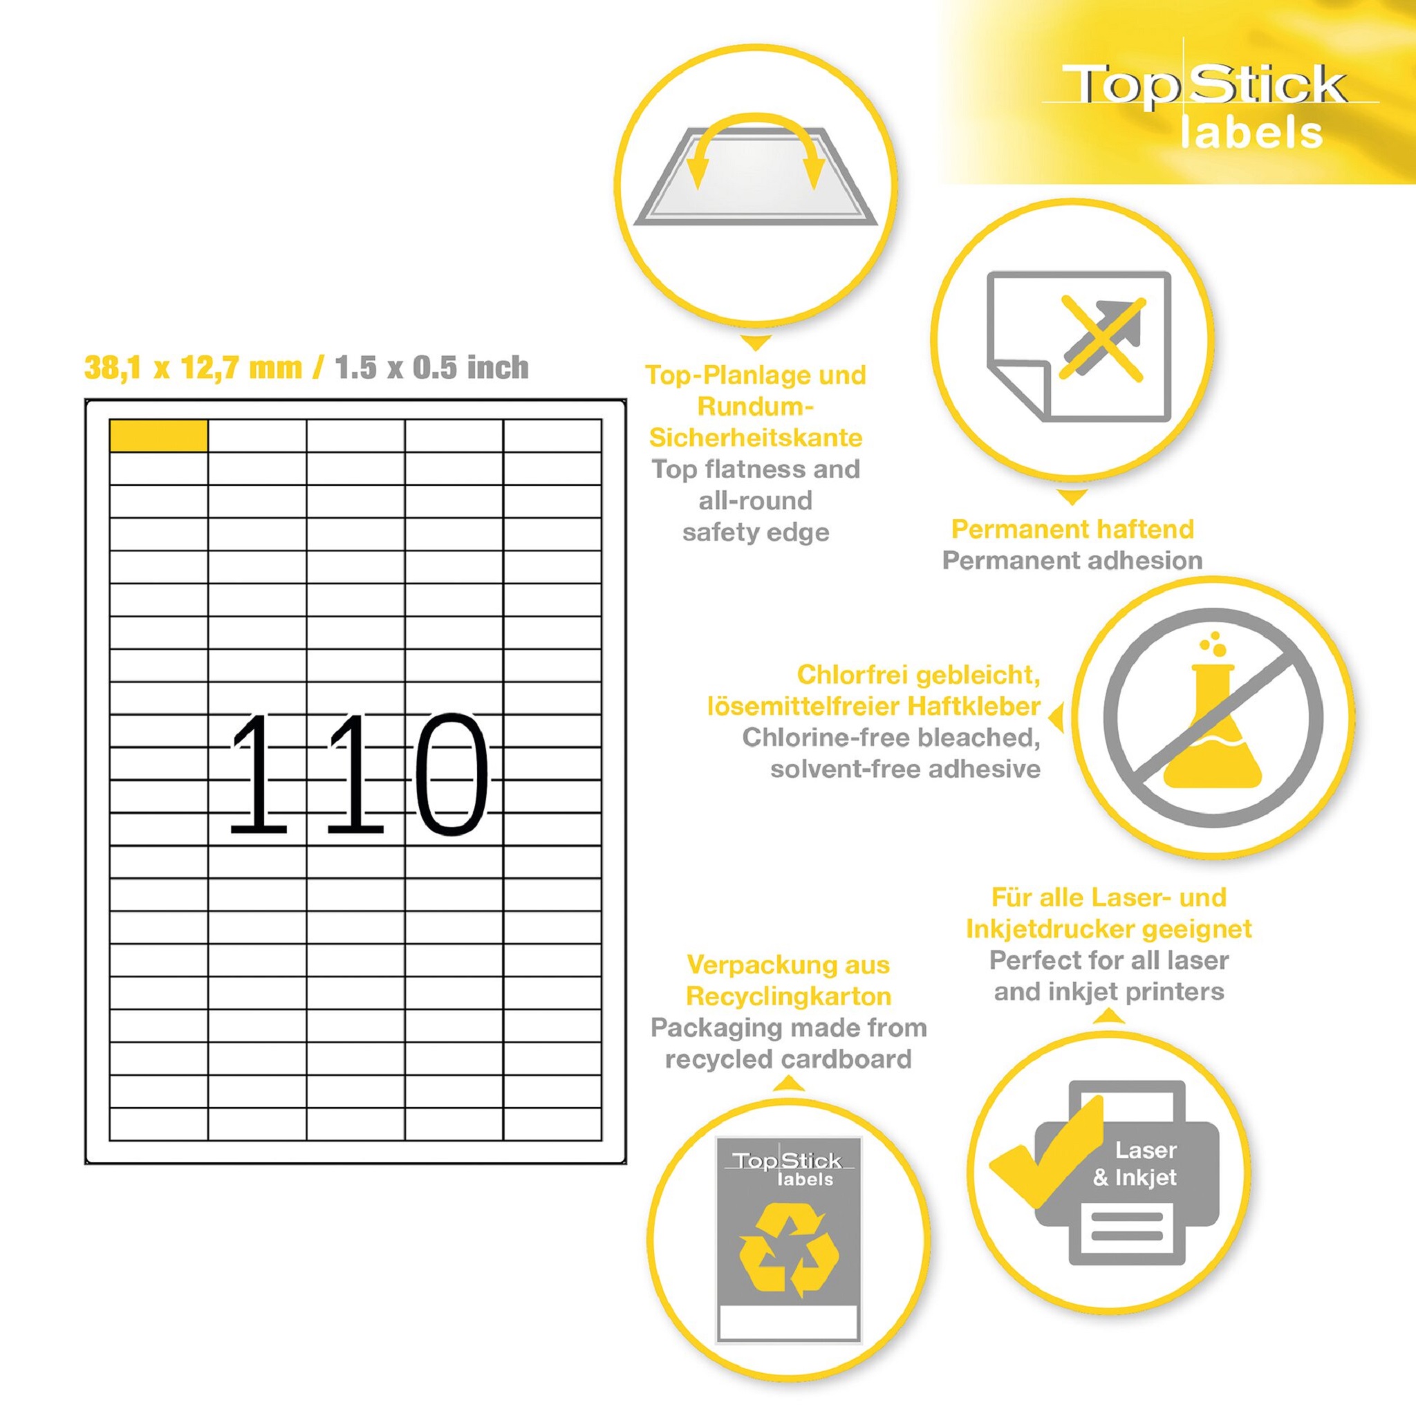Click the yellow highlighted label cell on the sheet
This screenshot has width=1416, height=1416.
[x=158, y=436]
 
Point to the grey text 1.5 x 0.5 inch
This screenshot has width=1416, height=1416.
[x=431, y=367]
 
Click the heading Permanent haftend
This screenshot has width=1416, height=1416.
[x=1072, y=528]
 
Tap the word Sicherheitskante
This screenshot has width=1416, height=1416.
[x=756, y=438]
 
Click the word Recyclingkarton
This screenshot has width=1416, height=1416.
[x=789, y=996]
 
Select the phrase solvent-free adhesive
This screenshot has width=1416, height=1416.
[x=905, y=769]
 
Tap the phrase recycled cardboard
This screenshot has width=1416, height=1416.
[x=789, y=1059]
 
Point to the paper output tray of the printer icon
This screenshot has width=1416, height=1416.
[x=1127, y=1235]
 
